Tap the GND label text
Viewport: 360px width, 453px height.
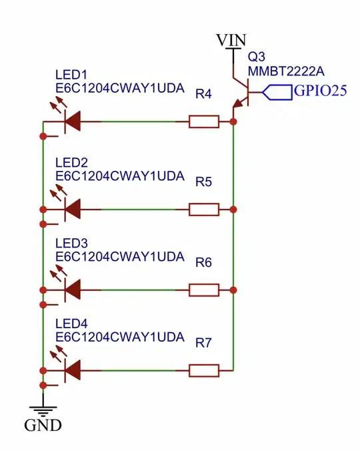[43, 424]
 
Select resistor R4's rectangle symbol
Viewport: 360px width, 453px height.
[203, 121]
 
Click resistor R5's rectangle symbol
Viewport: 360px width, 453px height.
[203, 209]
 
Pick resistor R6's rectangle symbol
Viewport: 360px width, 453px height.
[203, 290]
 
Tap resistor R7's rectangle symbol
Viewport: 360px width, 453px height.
[203, 370]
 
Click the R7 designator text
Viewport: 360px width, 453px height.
[203, 343]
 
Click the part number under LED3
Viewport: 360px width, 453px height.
[119, 256]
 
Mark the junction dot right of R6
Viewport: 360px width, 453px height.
[233, 290]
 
